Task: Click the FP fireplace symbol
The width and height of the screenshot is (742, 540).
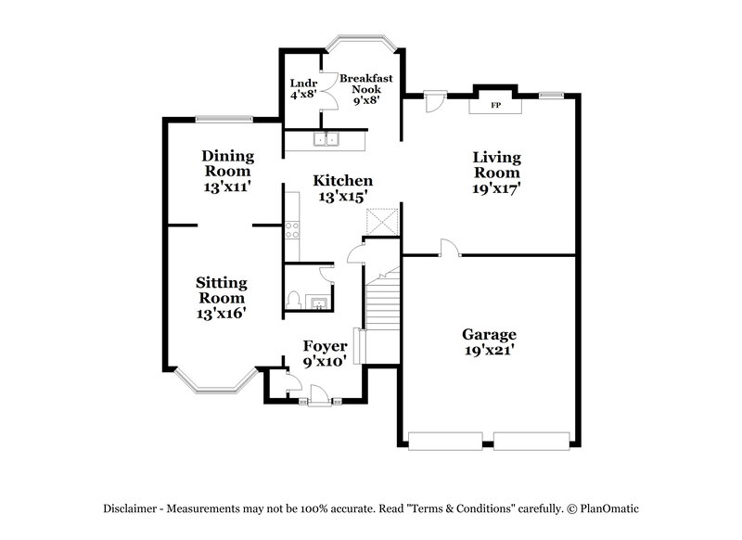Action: pyautogui.click(x=495, y=106)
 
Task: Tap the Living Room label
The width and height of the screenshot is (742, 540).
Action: pyautogui.click(x=497, y=172)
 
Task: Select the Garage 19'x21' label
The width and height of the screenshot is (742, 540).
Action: pyautogui.click(x=489, y=342)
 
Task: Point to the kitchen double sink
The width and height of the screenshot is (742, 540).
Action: pyautogui.click(x=326, y=141)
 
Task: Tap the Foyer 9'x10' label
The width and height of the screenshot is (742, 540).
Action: pyautogui.click(x=325, y=354)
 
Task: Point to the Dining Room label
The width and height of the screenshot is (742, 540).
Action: pyautogui.click(x=227, y=171)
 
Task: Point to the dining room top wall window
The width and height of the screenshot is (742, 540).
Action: pyautogui.click(x=224, y=119)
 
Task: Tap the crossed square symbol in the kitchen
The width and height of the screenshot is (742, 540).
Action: pyautogui.click(x=382, y=223)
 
